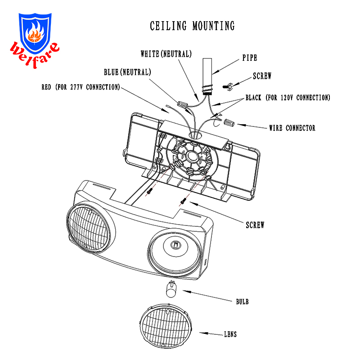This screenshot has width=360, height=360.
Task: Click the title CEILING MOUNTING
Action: [192, 26]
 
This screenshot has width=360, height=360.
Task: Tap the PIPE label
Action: [250, 58]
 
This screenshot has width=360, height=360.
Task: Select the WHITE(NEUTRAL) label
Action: [166, 54]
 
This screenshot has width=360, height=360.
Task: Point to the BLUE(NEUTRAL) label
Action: [127, 72]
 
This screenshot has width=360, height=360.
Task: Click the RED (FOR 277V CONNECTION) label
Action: [81, 87]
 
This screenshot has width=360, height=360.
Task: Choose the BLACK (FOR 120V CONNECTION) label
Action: [288, 98]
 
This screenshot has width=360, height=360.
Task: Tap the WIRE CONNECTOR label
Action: [292, 128]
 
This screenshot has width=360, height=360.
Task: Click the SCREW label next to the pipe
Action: [262, 76]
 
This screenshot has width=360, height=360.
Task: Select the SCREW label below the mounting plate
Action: [255, 225]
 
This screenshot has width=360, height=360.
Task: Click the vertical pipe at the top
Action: [207, 75]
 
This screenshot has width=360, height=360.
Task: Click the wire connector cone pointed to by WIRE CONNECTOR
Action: [230, 122]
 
